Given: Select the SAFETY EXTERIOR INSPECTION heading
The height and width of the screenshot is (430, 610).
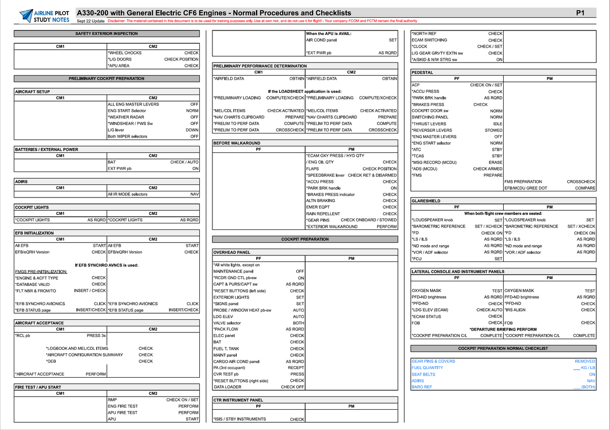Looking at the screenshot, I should click(x=106, y=34).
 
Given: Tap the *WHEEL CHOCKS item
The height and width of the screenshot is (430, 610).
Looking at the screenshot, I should click(x=125, y=53).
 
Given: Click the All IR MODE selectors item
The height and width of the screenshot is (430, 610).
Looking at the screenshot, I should click(x=128, y=194).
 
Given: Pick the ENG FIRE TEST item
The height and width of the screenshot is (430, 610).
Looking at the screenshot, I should click(x=123, y=406).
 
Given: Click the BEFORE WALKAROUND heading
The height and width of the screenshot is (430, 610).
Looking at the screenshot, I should click(x=236, y=143).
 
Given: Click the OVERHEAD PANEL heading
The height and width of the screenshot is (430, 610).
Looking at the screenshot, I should click(x=231, y=252).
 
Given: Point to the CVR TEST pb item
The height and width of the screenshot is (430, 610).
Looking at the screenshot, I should click(x=226, y=374).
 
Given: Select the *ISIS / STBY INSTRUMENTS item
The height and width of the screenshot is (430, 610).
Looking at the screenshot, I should click(x=239, y=419).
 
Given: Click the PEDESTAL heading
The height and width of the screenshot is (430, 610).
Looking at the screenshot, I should click(x=422, y=73).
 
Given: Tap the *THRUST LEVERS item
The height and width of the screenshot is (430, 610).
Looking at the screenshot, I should click(x=429, y=124).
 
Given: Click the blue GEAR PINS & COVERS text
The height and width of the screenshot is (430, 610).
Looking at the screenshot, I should click(x=433, y=361).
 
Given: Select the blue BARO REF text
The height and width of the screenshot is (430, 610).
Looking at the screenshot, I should click(x=421, y=387).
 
